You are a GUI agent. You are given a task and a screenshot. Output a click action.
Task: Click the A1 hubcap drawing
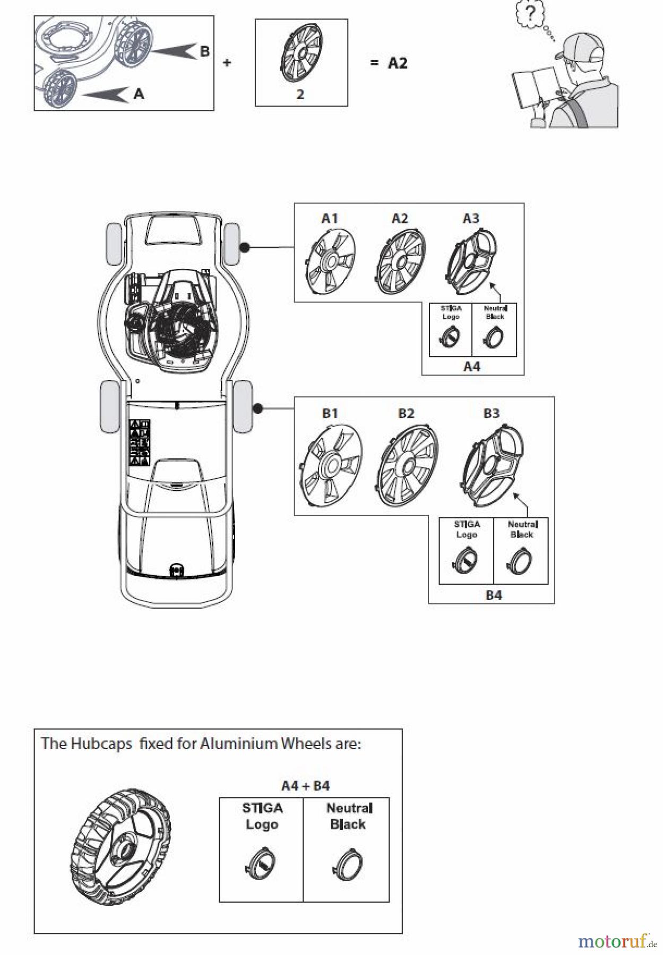(331, 261)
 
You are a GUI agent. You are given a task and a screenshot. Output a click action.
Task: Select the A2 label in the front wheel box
(400, 219)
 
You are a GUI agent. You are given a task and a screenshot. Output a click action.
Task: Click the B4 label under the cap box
(494, 595)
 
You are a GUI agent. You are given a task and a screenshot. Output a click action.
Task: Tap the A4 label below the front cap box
(472, 366)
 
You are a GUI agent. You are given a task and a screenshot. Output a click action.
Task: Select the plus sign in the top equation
(227, 63)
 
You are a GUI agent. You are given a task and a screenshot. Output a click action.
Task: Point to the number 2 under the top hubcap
(300, 94)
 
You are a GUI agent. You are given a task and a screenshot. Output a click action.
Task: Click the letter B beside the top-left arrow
(204, 51)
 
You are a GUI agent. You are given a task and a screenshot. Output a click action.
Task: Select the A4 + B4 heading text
(305, 785)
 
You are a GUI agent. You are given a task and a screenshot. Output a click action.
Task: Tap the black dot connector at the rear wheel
(258, 409)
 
